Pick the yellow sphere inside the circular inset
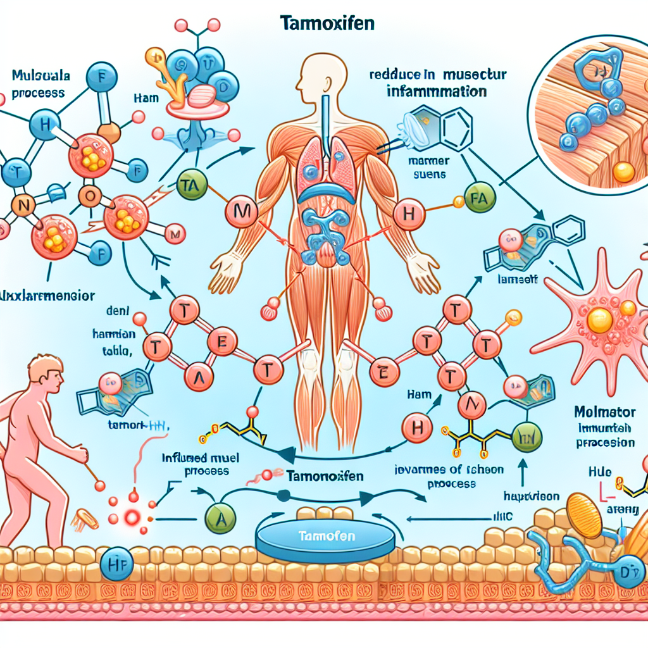tap(623, 171)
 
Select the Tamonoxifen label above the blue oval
tap(325, 477)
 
